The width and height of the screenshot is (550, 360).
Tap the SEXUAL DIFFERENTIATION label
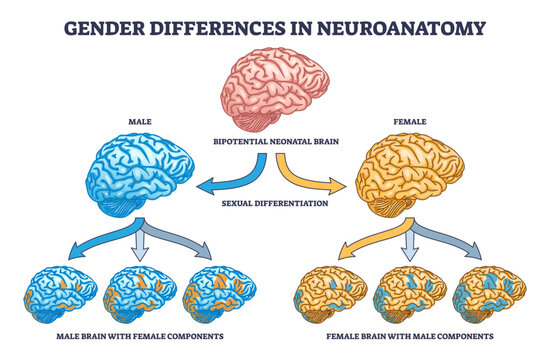tap(277, 202)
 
